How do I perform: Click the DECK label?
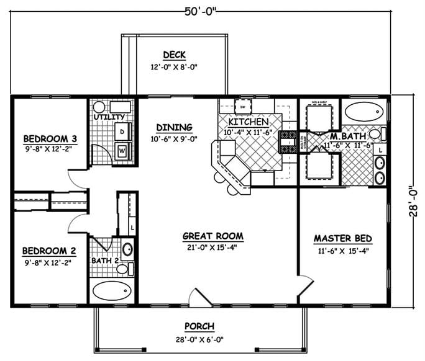coord(175,55)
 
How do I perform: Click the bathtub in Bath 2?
coord(112,291)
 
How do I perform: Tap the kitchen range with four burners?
coord(288,141)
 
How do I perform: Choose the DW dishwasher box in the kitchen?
coord(243,106)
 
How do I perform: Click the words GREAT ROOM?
coord(212,236)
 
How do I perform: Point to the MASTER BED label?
coord(342,238)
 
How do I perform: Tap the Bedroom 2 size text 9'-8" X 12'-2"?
coord(47,262)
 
